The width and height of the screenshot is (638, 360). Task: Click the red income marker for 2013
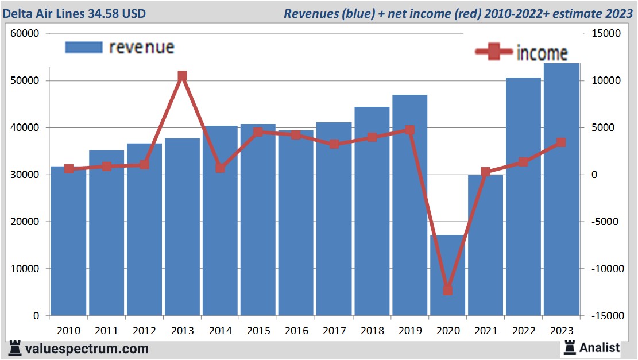tap(182, 76)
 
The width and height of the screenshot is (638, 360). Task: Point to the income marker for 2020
tap(447, 290)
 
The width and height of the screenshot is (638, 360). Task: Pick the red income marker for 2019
tap(409, 130)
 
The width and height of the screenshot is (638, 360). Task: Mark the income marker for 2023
tap(561, 142)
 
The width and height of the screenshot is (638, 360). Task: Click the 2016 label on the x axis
tap(296, 331)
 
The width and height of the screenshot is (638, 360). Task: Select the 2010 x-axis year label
tap(69, 331)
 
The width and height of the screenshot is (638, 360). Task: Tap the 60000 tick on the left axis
tap(25, 33)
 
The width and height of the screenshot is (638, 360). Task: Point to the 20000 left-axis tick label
tap(25, 222)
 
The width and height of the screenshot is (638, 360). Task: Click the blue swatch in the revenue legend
tap(84, 47)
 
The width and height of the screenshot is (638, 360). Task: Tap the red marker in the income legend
tap(493, 52)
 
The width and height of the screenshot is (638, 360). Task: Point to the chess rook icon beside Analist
tap(570, 347)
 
